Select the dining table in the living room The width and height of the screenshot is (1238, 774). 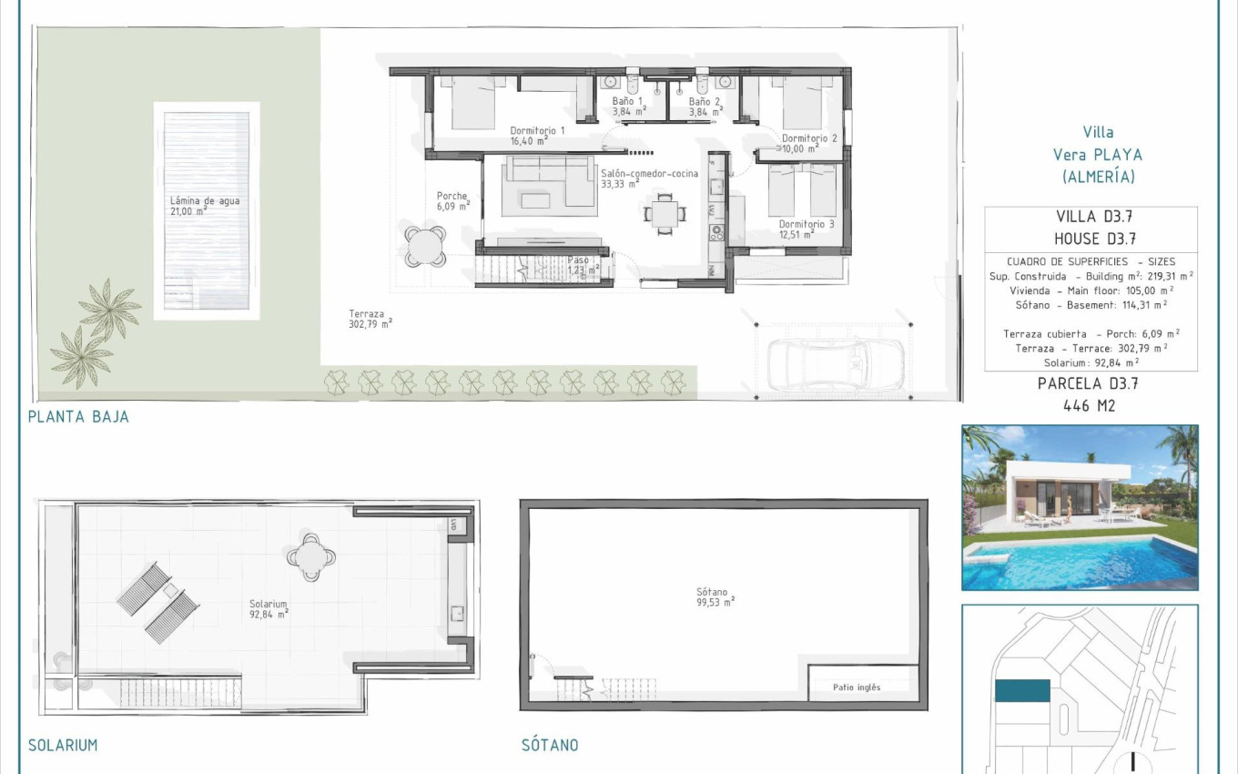(x=662, y=215)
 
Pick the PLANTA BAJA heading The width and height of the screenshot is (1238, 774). (x=78, y=417)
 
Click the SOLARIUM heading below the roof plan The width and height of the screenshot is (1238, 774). (x=63, y=745)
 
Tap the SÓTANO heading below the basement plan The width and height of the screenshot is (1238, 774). (x=550, y=745)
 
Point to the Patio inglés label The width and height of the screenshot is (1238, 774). (x=857, y=687)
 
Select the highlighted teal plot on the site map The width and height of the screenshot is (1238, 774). (x=1022, y=691)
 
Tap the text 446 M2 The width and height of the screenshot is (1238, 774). (x=1089, y=405)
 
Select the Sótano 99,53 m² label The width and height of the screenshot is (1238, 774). (x=715, y=596)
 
